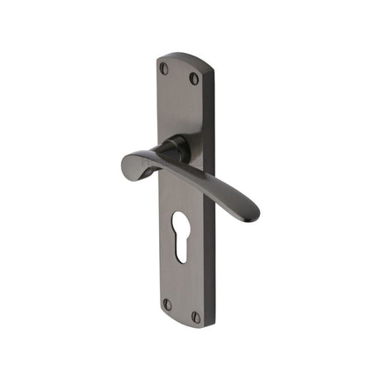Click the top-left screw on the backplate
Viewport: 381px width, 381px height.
coord(163,69)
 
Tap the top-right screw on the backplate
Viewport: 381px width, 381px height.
coord(194,79)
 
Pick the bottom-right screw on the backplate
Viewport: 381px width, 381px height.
coord(196,316)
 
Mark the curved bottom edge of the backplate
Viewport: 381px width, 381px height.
coord(184,324)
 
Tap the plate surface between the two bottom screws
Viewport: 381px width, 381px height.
coord(181,311)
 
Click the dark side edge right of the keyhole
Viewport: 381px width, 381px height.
coord(210,240)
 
